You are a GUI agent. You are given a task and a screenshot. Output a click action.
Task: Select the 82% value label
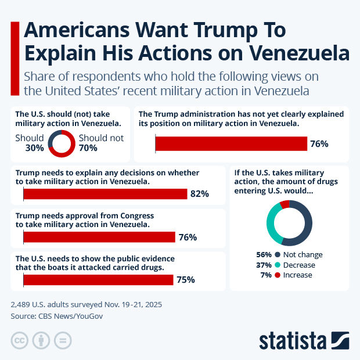pos(199,194)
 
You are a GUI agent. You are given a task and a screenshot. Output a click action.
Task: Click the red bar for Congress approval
pos(99,237)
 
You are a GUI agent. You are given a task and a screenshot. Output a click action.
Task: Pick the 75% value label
pos(185,280)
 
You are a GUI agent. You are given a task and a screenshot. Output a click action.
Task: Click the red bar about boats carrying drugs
pos(98,280)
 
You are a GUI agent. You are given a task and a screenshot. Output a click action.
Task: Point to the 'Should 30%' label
pos(30,143)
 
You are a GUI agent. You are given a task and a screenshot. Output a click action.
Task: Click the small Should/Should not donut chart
pos(61,143)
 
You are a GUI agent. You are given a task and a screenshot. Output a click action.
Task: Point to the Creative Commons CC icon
pos(20,340)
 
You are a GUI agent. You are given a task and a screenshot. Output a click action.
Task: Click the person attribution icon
pos(41,340)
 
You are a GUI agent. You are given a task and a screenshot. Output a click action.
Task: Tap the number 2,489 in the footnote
pos(22,304)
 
